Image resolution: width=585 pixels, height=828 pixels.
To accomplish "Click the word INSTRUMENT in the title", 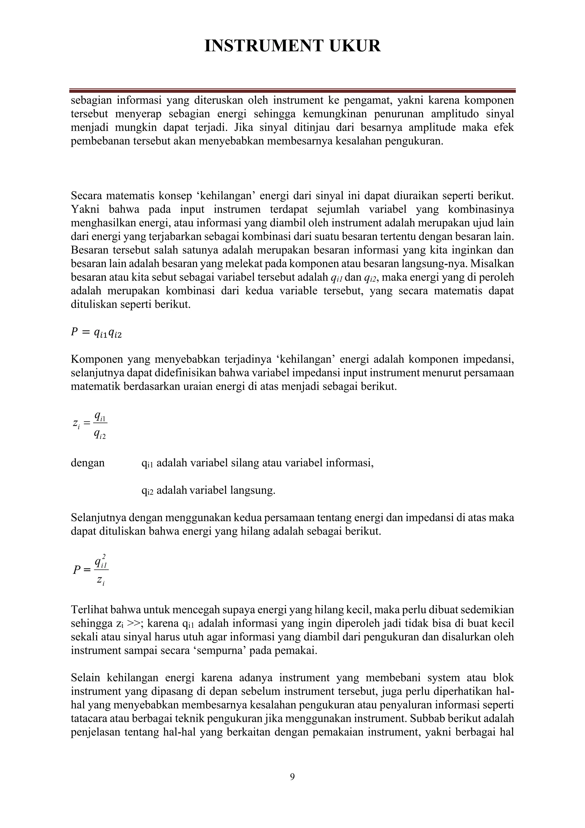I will click(x=263, y=46).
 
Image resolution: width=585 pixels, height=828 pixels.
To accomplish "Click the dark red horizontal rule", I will click(x=292, y=91).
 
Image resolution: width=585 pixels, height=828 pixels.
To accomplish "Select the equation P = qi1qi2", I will click(x=96, y=333).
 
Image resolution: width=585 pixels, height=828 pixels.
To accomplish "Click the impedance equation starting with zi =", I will click(x=90, y=425).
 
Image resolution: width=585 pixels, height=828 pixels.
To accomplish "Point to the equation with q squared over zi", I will click(x=91, y=570).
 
